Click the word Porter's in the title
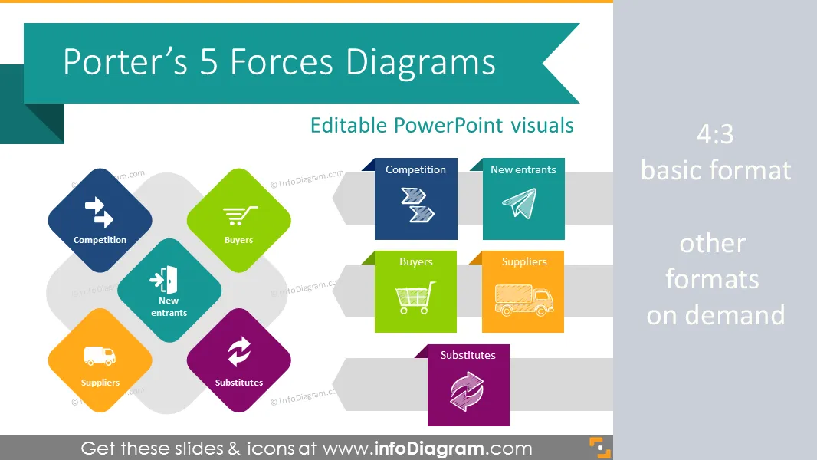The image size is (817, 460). click(x=125, y=62)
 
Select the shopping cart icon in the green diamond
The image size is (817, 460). click(x=240, y=215)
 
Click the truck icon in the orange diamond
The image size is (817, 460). click(x=100, y=356)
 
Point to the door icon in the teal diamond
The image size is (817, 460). click(x=164, y=280)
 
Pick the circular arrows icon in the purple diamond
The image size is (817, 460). click(x=238, y=351)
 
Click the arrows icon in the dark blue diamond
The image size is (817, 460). click(x=99, y=212)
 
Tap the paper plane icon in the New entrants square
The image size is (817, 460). click(x=520, y=203)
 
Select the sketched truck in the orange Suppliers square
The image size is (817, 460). click(x=523, y=300)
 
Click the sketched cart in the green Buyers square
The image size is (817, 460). click(x=415, y=298)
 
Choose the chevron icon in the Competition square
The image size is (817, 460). click(x=418, y=205)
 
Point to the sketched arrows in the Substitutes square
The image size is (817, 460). click(x=467, y=391)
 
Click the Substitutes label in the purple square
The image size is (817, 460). click(x=468, y=355)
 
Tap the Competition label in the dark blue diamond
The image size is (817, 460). click(x=100, y=240)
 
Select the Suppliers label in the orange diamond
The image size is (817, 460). click(x=100, y=383)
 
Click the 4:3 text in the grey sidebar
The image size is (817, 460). click(x=715, y=134)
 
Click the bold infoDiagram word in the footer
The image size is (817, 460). click(x=429, y=449)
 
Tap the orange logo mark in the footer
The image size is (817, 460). click(x=600, y=448)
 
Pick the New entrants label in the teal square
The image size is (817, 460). click(x=523, y=170)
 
